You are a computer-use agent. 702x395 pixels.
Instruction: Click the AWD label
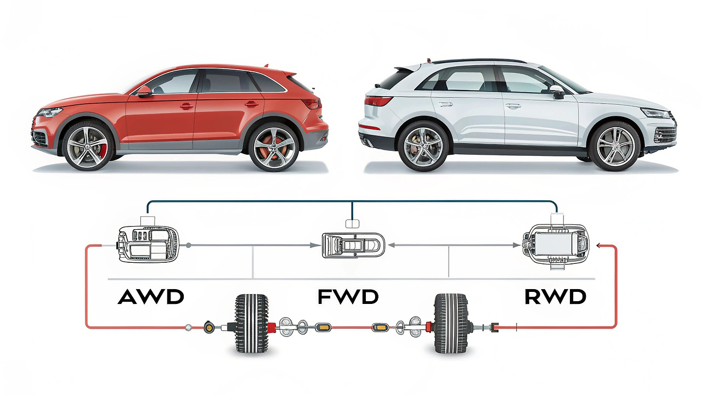pyautogui.click(x=151, y=297)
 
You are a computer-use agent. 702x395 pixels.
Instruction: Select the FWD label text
pyautogui.click(x=348, y=297)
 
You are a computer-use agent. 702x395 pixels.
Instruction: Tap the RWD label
pyautogui.click(x=555, y=297)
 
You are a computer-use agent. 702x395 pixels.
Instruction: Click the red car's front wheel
pyautogui.click(x=88, y=147)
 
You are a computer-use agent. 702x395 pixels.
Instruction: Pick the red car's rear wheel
pyautogui.click(x=274, y=147)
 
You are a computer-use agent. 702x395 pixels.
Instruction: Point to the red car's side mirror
pyautogui.click(x=144, y=91)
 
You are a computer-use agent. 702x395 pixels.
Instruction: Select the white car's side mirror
pyautogui.click(x=557, y=91)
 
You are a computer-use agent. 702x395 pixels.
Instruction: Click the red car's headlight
pyautogui.click(x=50, y=112)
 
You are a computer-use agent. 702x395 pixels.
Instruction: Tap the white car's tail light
pyautogui.click(x=378, y=100)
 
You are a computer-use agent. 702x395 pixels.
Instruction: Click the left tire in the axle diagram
pyautogui.click(x=252, y=324)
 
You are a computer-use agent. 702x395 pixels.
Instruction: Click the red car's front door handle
pyautogui.click(x=186, y=105)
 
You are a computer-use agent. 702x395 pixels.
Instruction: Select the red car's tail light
pyautogui.click(x=312, y=103)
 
